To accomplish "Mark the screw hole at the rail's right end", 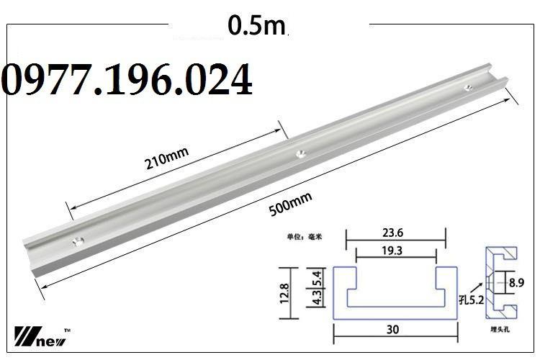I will point(469,86).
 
